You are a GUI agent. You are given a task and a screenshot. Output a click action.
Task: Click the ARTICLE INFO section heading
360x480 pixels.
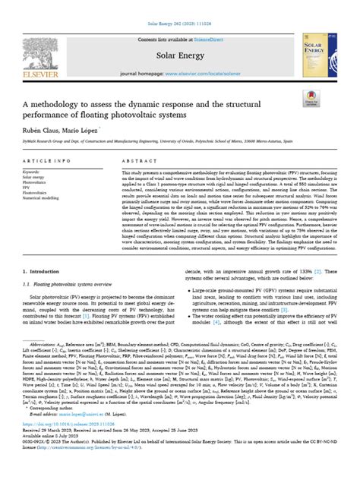pyautogui.click(x=43, y=183)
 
